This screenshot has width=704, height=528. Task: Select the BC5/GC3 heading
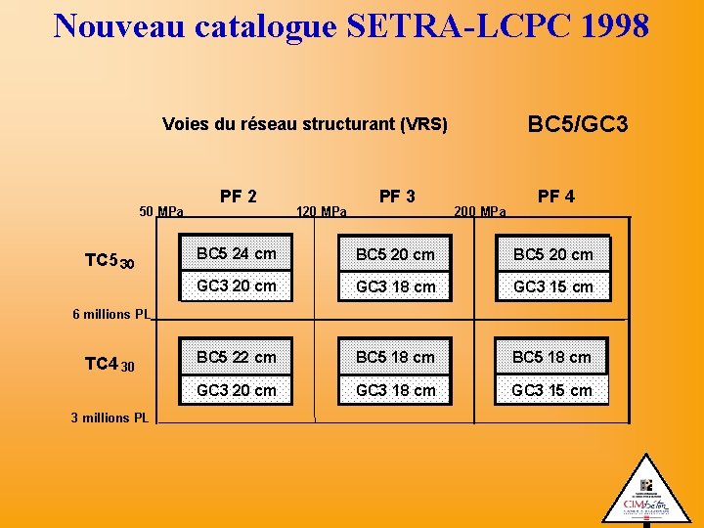pyautogui.click(x=577, y=124)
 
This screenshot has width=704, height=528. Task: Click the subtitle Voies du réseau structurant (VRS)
pyautogui.click(x=304, y=124)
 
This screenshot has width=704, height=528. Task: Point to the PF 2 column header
pyautogui.click(x=239, y=197)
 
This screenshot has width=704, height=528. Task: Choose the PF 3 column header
pyautogui.click(x=397, y=197)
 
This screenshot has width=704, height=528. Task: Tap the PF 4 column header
pyautogui.click(x=556, y=197)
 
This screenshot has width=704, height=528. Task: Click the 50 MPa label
pyautogui.click(x=161, y=211)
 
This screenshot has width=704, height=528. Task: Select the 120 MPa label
pyautogui.click(x=321, y=211)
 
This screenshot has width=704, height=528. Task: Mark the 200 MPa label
pyautogui.click(x=480, y=211)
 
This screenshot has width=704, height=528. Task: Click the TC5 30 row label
pyautogui.click(x=109, y=261)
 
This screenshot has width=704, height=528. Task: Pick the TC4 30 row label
pyautogui.click(x=109, y=365)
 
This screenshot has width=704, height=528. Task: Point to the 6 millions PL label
pyautogui.click(x=111, y=315)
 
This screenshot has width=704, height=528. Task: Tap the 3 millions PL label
pyautogui.click(x=110, y=418)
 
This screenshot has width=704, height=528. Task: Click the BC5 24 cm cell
pyautogui.click(x=237, y=254)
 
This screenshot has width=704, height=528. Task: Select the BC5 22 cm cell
pyautogui.click(x=237, y=357)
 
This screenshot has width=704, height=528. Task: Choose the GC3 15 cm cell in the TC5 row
pyautogui.click(x=552, y=286)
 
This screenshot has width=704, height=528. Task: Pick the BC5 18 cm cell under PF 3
pyautogui.click(x=395, y=357)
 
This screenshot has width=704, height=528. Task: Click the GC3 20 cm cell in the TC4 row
pyautogui.click(x=237, y=390)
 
